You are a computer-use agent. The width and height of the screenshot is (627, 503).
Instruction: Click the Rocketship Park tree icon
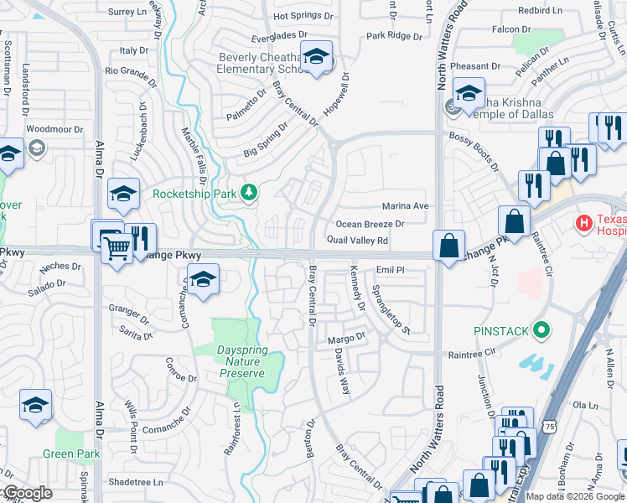point(248,193)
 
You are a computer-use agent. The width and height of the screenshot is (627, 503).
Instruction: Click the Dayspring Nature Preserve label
point(231,362)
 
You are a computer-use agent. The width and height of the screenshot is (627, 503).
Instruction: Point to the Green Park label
point(71,454)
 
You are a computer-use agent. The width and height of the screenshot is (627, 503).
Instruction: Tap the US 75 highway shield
point(550,426)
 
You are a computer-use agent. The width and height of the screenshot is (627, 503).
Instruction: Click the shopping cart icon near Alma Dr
point(117,247)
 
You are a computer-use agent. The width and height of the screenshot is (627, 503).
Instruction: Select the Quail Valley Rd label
point(357,241)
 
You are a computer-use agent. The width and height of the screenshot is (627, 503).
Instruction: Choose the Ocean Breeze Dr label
point(370,224)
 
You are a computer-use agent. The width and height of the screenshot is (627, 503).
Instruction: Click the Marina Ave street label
point(405,205)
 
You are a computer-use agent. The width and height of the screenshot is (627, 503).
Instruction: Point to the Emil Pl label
point(390,270)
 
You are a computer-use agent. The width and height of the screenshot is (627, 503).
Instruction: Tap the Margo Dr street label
point(347,337)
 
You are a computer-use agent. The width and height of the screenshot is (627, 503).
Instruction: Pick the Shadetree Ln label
point(135,482)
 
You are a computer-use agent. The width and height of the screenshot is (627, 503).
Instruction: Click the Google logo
point(27,493)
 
